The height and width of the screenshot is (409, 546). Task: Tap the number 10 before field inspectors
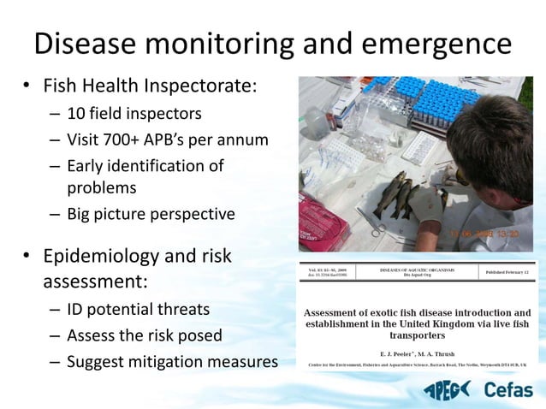[77, 113]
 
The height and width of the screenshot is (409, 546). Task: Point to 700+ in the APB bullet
[128, 139]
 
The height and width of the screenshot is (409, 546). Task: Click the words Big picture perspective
[151, 214]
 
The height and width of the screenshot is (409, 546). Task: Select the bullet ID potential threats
[138, 309]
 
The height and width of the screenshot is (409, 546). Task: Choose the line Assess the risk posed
[145, 335]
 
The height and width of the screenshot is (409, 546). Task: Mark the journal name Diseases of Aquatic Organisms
[416, 270]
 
